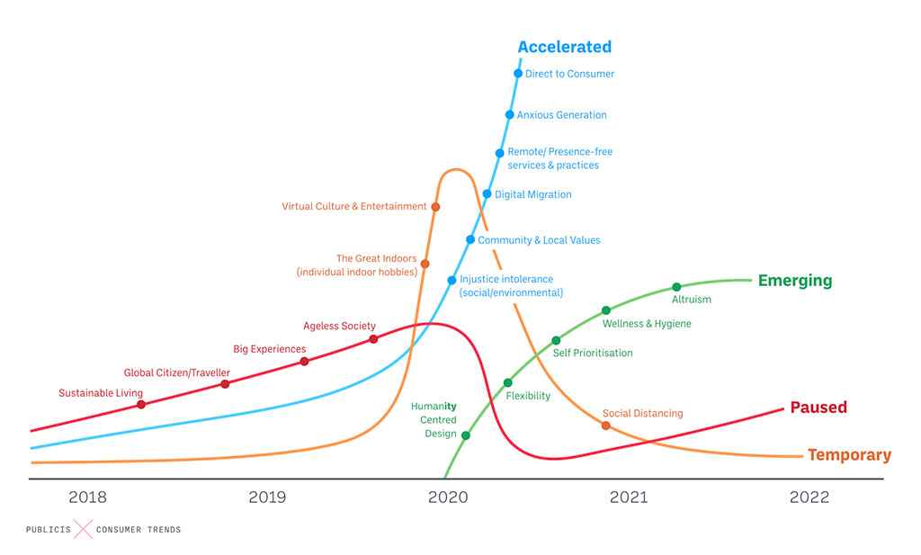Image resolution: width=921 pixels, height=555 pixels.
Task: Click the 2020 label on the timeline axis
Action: pyautogui.click(x=447, y=497)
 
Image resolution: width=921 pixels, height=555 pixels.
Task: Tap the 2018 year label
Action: pyautogui.click(x=87, y=497)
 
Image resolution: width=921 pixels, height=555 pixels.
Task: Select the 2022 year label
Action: pyautogui.click(x=809, y=497)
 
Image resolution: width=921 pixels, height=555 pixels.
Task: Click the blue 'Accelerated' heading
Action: pyautogui.click(x=564, y=47)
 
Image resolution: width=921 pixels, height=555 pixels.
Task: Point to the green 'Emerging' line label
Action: pyautogui.click(x=795, y=281)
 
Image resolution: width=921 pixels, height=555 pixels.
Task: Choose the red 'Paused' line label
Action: pyautogui.click(x=818, y=407)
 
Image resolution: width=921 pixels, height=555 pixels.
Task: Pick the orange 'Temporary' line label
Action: pyautogui.click(x=849, y=455)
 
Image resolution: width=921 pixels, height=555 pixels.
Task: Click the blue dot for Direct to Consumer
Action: pyautogui.click(x=518, y=74)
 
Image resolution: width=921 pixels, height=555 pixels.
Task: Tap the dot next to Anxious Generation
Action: pyautogui.click(x=509, y=115)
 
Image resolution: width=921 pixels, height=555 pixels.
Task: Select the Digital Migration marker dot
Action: pyautogui.click(x=487, y=194)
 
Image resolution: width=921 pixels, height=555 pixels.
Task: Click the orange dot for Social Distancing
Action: pyautogui.click(x=605, y=425)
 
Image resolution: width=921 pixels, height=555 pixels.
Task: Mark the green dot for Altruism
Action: pyautogui.click(x=676, y=288)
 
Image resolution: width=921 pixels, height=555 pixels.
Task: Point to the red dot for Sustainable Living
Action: pyautogui.click(x=141, y=405)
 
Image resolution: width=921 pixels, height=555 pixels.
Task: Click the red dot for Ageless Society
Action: pyautogui.click(x=373, y=339)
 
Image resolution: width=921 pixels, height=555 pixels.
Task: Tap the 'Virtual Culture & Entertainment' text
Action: pyautogui.click(x=354, y=207)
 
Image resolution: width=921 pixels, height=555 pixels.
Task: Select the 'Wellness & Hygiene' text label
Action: pyautogui.click(x=647, y=324)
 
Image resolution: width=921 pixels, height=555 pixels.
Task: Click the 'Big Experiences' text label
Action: pyautogui.click(x=270, y=349)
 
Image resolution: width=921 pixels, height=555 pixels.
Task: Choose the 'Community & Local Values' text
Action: pyautogui.click(x=539, y=240)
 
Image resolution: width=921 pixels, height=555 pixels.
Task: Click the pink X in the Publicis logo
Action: pyautogui.click(x=83, y=530)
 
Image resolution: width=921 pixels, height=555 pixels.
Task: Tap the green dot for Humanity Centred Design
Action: pyautogui.click(x=466, y=435)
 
